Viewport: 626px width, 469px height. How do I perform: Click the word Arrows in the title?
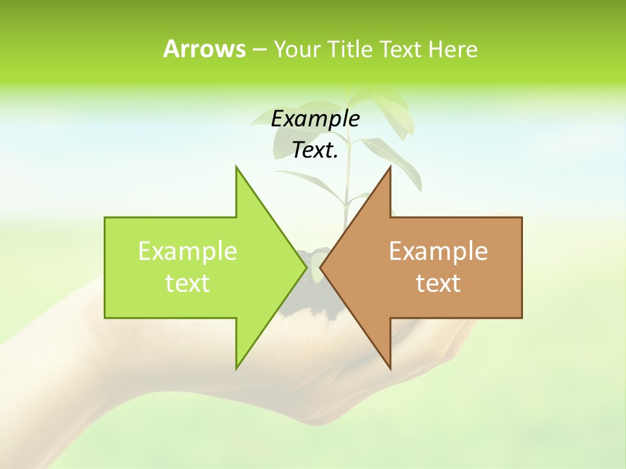[203, 49]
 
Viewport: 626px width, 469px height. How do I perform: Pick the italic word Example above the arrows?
[315, 119]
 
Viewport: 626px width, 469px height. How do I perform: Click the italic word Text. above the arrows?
[315, 150]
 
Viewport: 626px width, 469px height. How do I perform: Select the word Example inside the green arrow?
[188, 251]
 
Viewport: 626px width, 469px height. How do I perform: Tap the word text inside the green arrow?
[188, 283]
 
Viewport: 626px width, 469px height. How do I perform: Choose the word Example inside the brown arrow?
[438, 251]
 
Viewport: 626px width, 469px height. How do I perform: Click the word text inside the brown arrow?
[438, 283]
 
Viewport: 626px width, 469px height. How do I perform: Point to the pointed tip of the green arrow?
[306, 268]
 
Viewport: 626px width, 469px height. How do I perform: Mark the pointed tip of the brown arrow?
[321, 268]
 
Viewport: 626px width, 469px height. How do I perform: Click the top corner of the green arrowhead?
[236, 167]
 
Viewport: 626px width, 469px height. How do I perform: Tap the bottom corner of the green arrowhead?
[236, 369]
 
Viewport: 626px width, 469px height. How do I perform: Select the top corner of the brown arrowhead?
[391, 167]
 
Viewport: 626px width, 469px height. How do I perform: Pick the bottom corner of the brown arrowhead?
[391, 369]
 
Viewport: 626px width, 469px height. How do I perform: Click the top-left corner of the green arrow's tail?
[105, 218]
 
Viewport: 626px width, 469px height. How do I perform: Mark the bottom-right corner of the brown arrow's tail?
[522, 318]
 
